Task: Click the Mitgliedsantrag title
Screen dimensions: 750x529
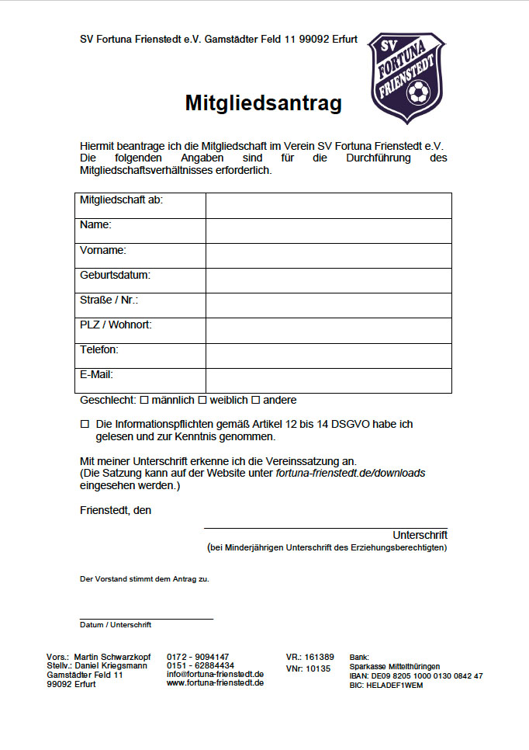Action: [263, 103]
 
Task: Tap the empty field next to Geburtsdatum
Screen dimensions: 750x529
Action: [328, 280]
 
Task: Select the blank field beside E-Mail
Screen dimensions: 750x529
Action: [328, 380]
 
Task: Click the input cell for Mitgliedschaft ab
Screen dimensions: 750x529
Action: [328, 206]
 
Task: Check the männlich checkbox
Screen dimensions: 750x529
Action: [143, 400]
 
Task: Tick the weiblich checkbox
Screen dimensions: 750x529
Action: [202, 400]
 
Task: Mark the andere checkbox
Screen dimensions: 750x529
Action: [255, 400]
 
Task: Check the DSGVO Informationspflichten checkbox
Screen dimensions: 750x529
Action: [85, 424]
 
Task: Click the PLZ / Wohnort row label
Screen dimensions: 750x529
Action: [116, 325]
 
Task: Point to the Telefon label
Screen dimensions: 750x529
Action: [99, 349]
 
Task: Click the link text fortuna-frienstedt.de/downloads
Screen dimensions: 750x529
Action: [351, 473]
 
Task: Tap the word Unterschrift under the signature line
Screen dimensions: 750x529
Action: [420, 535]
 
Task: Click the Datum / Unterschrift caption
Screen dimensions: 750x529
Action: [116, 624]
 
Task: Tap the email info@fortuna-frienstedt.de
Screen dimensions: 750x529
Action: [215, 674]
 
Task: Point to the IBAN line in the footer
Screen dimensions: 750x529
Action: [416, 675]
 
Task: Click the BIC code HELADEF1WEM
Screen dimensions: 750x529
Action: [386, 686]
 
